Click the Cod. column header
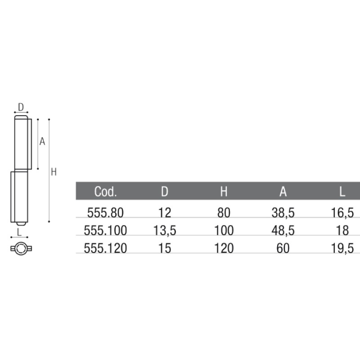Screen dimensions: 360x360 tap(105, 191)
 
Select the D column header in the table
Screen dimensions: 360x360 tap(165, 191)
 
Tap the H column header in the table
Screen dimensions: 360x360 tap(224, 191)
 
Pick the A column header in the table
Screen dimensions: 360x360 tap(283, 191)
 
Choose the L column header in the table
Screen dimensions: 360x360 tap(342, 191)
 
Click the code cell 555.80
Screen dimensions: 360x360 tap(105, 212)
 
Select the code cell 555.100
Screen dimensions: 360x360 tap(105, 230)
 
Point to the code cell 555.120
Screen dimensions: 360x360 tap(105, 248)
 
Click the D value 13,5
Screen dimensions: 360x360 tap(165, 230)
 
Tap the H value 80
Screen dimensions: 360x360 tap(224, 212)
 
